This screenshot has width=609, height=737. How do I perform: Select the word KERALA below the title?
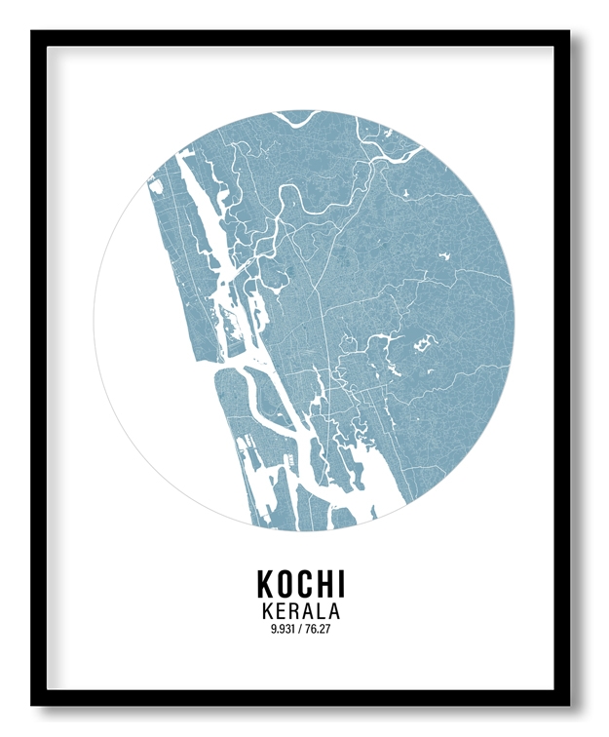pos(301,611)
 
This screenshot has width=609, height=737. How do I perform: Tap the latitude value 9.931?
pos(285,629)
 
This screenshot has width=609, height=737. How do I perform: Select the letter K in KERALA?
pos(268,611)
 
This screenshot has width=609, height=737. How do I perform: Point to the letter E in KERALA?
pos(281,611)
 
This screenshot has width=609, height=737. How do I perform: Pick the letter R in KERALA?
pos(294,611)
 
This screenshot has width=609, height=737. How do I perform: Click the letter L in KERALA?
pos(322,611)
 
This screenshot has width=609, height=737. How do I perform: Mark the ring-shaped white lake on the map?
pos(426,342)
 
